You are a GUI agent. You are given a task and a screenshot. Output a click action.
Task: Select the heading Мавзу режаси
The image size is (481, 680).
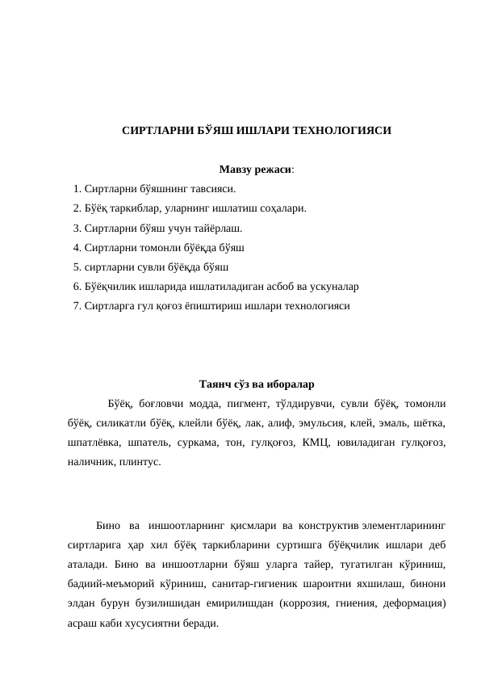pos(255,170)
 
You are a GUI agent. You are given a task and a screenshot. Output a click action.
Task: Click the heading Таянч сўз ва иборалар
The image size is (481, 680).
pos(257,384)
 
